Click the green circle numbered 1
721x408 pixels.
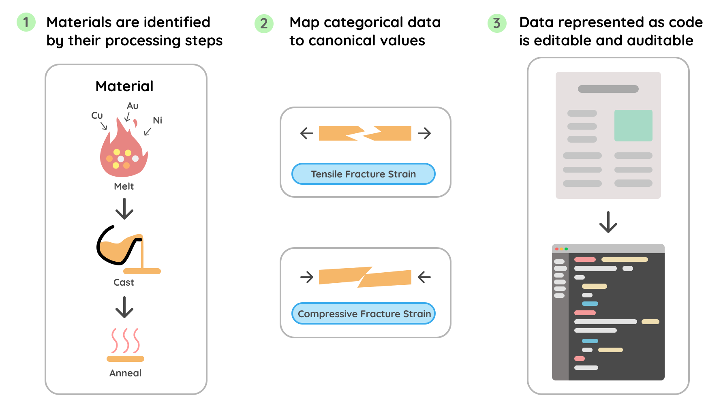point(26,22)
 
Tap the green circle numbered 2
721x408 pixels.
point(264,23)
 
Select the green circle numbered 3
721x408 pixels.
point(496,23)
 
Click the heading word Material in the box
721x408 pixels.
point(124,86)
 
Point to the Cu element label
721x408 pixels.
point(97,115)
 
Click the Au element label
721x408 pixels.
point(133,106)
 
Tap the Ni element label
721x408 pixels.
point(157,120)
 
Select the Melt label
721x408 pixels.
point(124,186)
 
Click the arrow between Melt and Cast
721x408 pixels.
point(124,209)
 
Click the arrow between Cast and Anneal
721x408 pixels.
point(124,307)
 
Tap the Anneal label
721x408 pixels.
point(125,373)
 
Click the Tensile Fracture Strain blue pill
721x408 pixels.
point(363,174)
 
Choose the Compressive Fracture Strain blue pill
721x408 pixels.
point(364,314)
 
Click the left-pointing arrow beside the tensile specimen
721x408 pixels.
point(307,133)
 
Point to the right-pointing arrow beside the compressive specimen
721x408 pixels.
point(307,277)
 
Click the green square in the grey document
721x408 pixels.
point(633,126)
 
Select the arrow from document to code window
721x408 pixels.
point(608,222)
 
